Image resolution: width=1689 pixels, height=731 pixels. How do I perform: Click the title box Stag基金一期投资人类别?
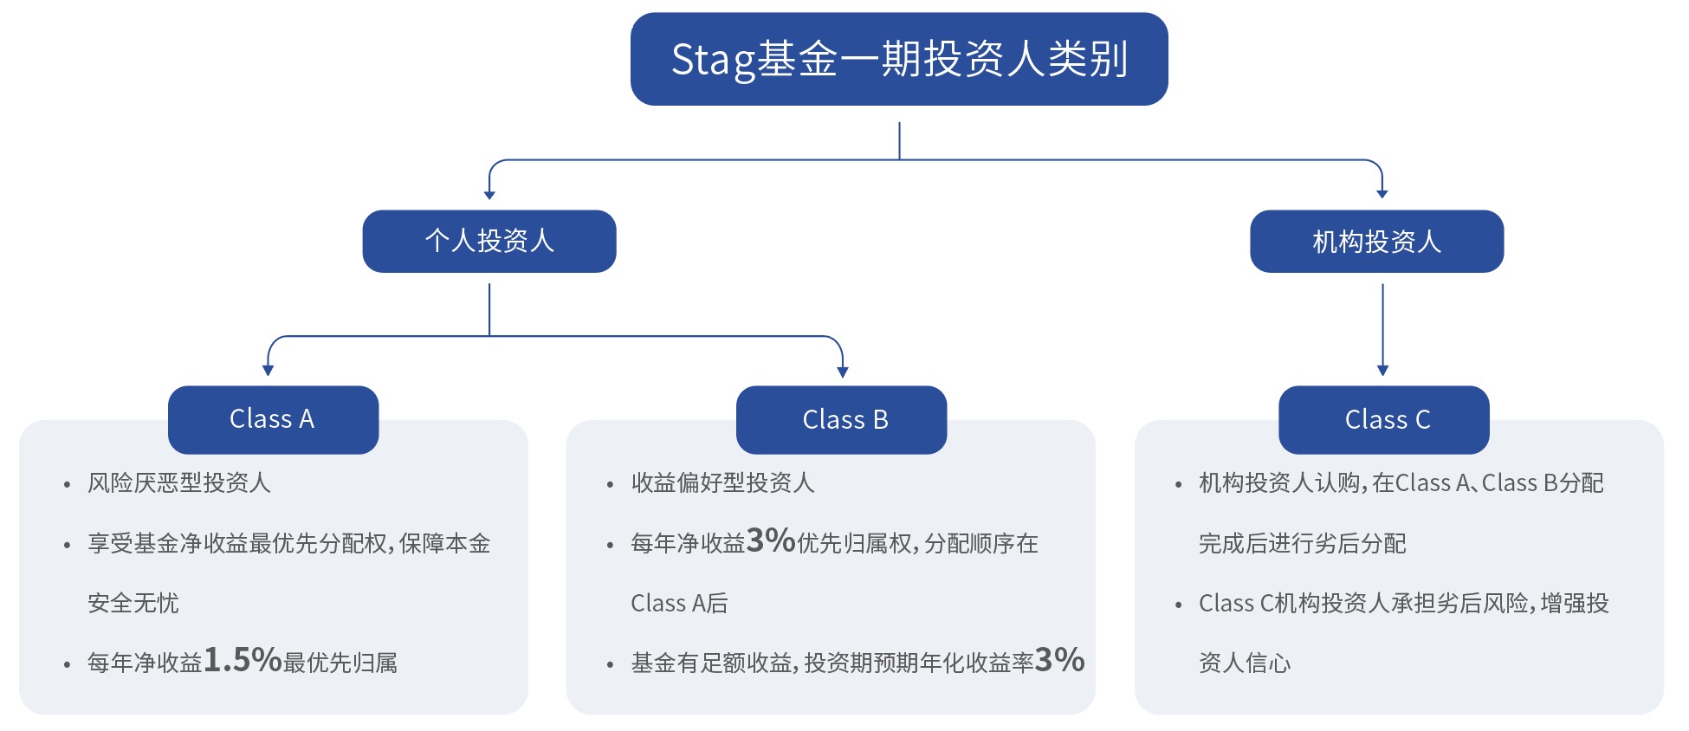click(x=899, y=59)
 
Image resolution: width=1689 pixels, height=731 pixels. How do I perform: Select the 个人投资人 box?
click(x=489, y=241)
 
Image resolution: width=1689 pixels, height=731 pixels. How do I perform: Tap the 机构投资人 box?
click(x=1377, y=241)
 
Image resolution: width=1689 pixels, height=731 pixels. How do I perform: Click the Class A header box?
click(x=273, y=419)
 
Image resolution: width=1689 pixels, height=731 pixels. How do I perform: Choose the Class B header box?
click(x=841, y=419)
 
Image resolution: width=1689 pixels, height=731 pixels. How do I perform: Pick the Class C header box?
click(x=1384, y=419)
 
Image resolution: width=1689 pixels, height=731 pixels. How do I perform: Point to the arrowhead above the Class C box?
click(x=1382, y=371)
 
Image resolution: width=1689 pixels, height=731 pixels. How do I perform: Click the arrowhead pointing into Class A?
click(x=268, y=371)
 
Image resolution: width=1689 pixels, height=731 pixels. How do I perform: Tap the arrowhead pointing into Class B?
click(x=843, y=372)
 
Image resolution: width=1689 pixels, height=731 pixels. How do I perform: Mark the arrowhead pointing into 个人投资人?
click(x=489, y=195)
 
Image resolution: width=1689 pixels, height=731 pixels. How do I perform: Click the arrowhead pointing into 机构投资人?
click(x=1382, y=194)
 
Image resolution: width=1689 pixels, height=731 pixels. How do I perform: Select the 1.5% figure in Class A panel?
click(x=243, y=660)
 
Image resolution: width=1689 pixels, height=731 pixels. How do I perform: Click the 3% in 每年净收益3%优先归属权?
click(x=771, y=540)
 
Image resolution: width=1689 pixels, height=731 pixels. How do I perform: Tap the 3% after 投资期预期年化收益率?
click(x=1059, y=660)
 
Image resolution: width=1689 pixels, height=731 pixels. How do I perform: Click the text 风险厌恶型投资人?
click(x=179, y=482)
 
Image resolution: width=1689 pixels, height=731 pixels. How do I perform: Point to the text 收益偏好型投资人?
click(x=722, y=482)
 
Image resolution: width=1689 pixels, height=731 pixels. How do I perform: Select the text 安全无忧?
click(x=133, y=603)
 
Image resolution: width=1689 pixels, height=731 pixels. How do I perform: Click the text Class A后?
click(x=679, y=603)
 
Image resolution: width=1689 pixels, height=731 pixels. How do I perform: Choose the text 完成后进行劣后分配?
click(x=1302, y=543)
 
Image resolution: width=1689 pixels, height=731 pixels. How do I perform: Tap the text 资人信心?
click(x=1245, y=663)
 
